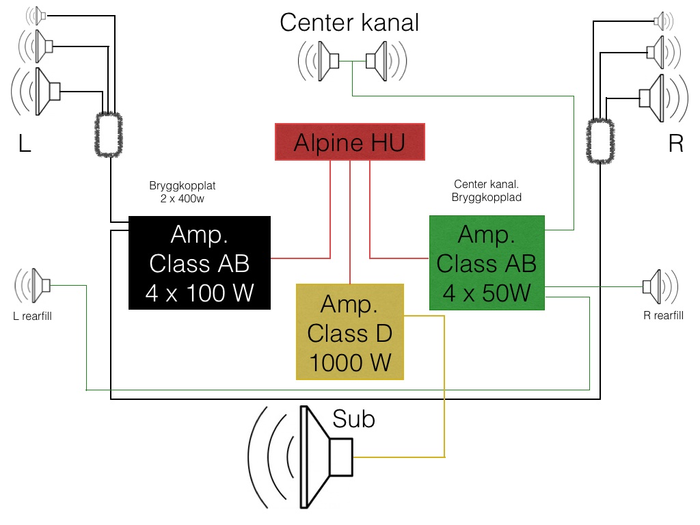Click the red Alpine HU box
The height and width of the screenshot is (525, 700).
click(x=349, y=142)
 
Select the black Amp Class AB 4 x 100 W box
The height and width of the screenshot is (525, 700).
click(x=200, y=262)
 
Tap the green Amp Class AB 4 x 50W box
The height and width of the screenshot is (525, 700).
click(x=487, y=263)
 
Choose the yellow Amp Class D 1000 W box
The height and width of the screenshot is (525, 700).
click(x=350, y=332)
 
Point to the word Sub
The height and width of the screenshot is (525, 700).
click(x=353, y=418)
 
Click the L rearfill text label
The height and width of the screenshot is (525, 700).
click(x=33, y=317)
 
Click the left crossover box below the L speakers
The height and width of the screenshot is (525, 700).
click(x=109, y=135)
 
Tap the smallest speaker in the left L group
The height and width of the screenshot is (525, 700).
click(x=38, y=15)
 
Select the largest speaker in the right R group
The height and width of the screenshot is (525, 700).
click(x=653, y=97)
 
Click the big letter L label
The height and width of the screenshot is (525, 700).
click(x=25, y=144)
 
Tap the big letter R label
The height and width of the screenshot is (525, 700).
click(x=675, y=144)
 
